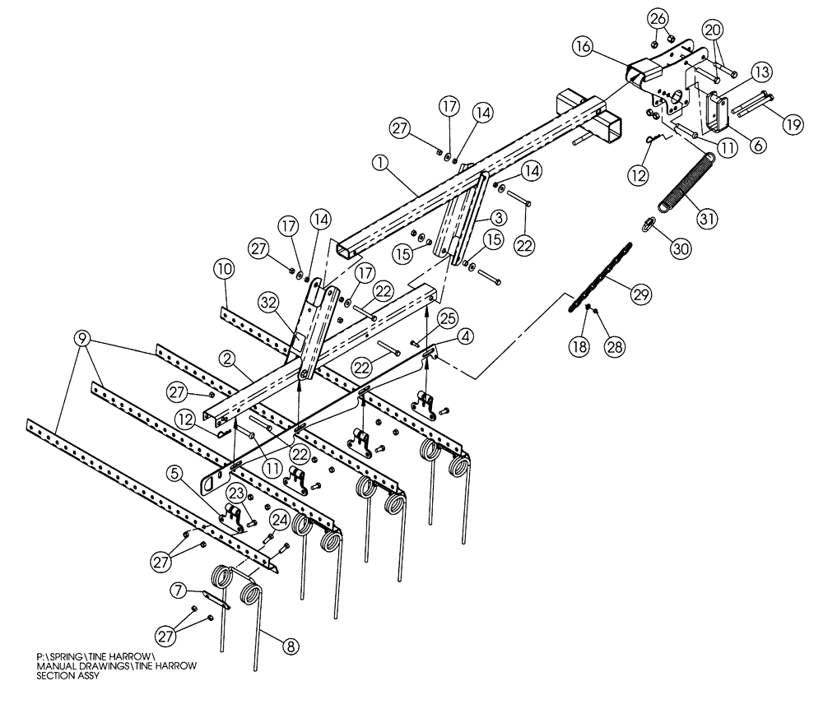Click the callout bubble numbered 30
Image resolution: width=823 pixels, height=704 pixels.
680,248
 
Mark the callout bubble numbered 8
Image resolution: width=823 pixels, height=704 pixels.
289,646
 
